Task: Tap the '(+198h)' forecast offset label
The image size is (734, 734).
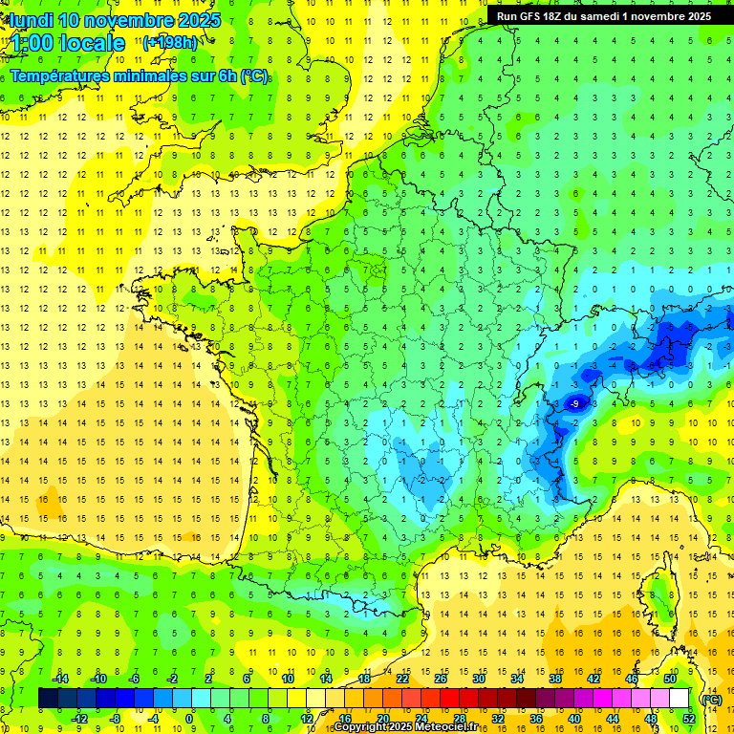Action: [169, 42]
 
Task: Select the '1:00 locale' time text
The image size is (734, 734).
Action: [67, 43]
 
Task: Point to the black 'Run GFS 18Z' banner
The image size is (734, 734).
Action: [603, 16]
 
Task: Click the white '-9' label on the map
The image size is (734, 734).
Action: [574, 405]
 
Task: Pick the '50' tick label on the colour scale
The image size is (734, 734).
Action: [670, 678]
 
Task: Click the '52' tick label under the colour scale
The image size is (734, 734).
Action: [689, 718]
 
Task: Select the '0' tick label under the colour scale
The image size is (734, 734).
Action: [188, 718]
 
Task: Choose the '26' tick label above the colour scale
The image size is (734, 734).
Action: [441, 678]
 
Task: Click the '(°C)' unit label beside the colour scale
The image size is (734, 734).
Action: [711, 699]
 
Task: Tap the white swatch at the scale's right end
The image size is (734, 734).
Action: [680, 699]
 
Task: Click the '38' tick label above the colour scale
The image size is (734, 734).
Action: [555, 678]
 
